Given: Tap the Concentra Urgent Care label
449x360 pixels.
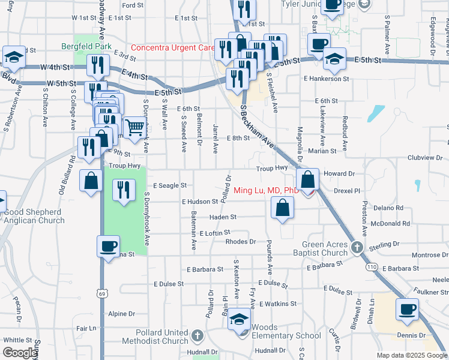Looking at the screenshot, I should pos(172,47).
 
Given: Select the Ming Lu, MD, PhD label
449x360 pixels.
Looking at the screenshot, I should pos(266,190).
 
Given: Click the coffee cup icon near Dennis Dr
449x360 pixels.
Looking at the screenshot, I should pos(408,309).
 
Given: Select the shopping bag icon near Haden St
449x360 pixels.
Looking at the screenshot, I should pos(282,208).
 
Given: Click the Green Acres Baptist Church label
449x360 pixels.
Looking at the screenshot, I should pos(324,248).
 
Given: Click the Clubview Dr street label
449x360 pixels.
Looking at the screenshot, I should pos(424,158).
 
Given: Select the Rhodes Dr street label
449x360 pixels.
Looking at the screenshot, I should pos(241,242).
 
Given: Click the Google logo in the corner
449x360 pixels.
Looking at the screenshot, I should pos(20,353).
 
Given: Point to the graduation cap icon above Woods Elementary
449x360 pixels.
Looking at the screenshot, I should pos(239,319).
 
